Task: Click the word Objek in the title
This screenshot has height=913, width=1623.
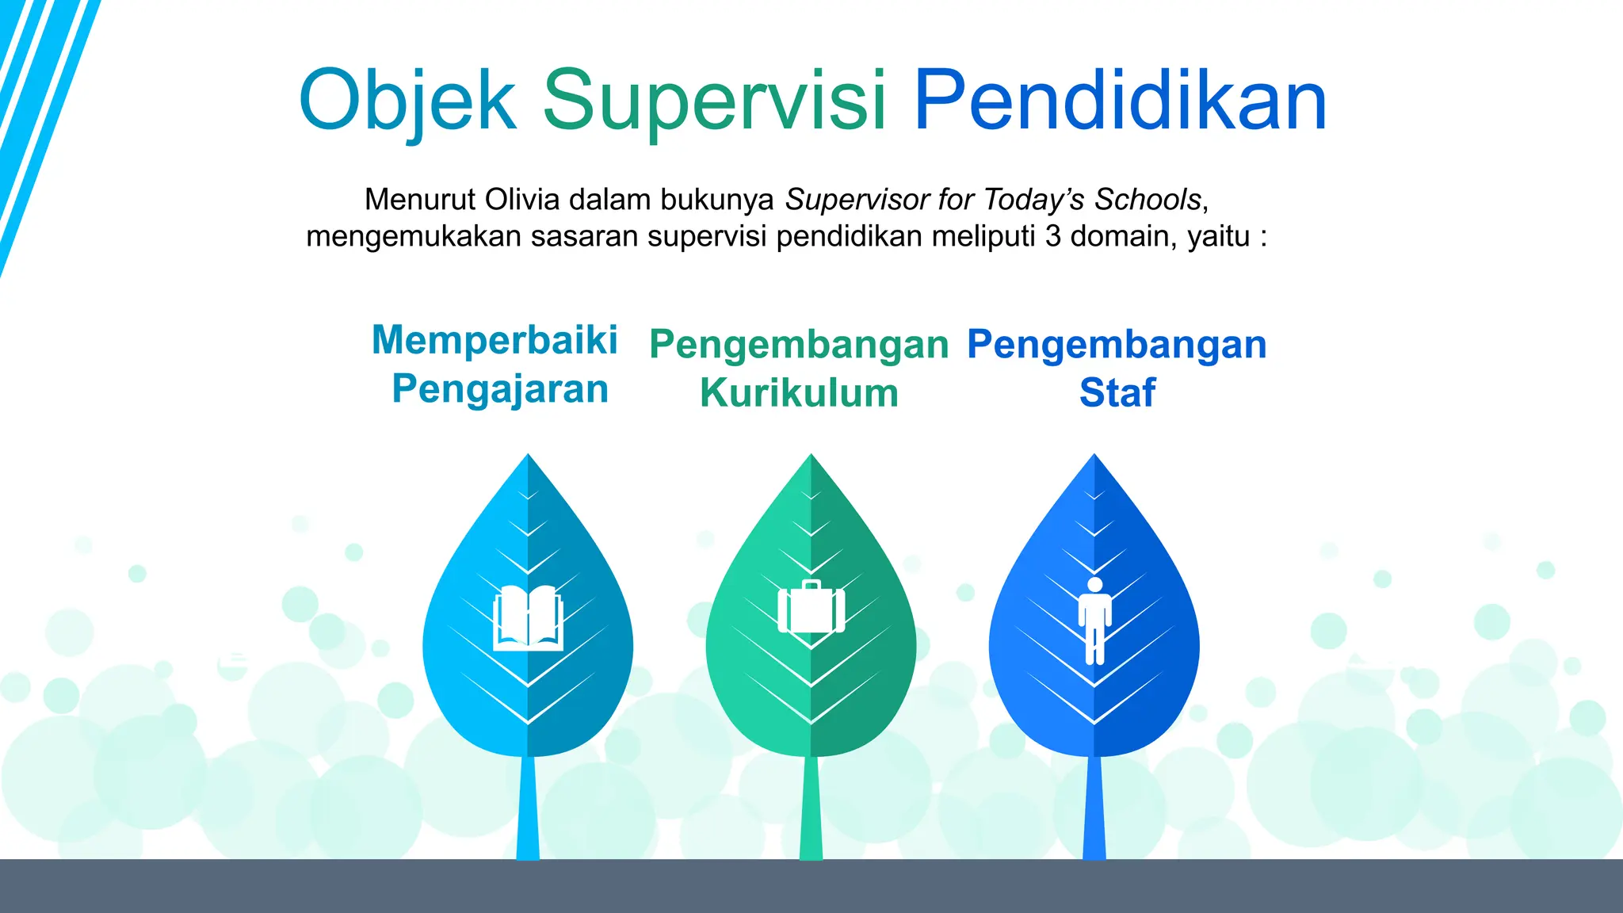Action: point(407,101)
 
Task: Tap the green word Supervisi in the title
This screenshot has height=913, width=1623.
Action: point(714,101)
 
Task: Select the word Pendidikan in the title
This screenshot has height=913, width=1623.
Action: point(1120,101)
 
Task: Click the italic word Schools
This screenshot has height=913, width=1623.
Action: point(1148,200)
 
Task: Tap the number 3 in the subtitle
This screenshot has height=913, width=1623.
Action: point(1052,236)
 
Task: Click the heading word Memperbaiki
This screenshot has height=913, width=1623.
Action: point(495,340)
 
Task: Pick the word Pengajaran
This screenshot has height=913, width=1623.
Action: point(500,389)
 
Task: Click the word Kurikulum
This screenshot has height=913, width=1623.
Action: point(799,393)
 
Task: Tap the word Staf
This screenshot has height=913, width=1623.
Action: point(1117,393)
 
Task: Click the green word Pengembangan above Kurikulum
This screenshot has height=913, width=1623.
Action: point(799,345)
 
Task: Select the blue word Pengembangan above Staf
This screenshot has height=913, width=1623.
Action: point(1117,345)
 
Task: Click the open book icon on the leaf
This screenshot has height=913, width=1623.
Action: point(528,618)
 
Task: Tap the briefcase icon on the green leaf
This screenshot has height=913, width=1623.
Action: point(811,609)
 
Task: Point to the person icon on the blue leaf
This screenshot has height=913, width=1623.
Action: point(1094,620)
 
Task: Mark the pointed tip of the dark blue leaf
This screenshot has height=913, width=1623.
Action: point(1094,457)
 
